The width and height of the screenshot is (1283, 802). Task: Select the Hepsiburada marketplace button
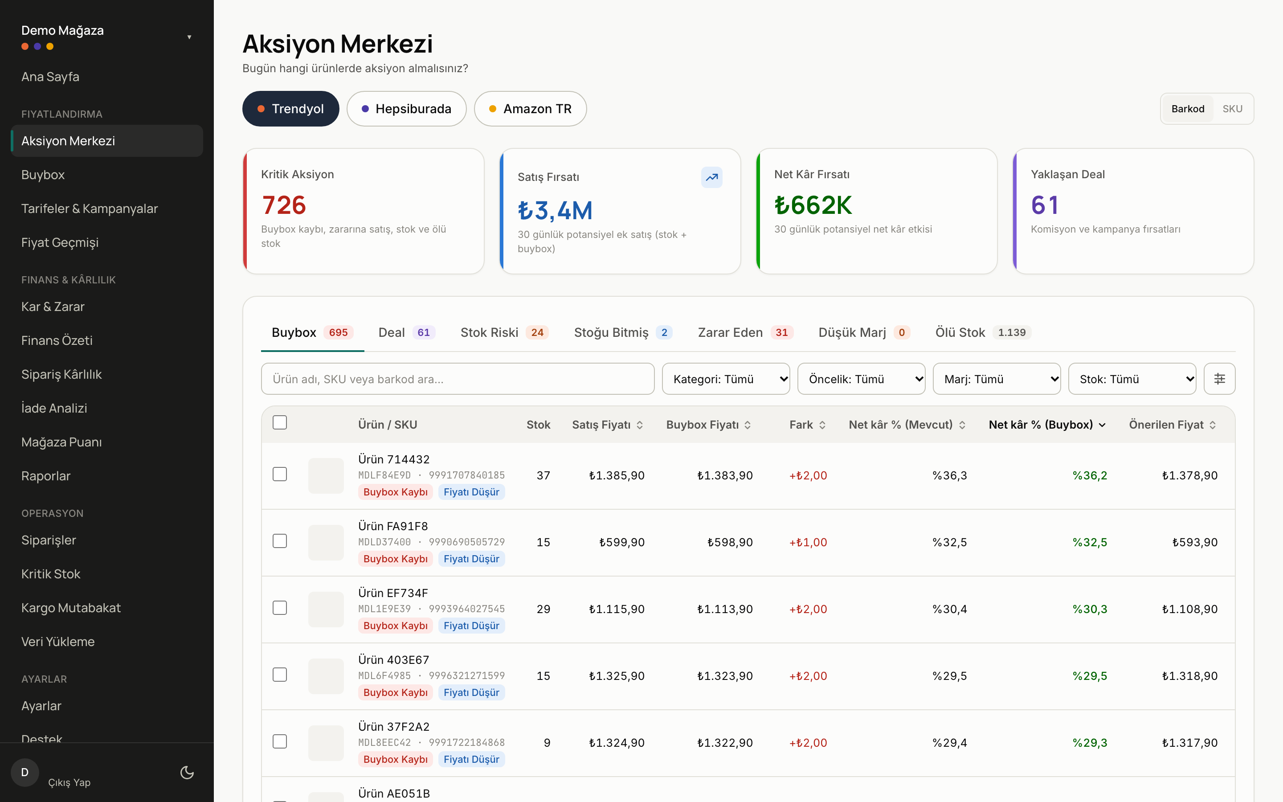pyautogui.click(x=406, y=109)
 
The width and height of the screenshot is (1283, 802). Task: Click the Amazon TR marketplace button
pyautogui.click(x=530, y=109)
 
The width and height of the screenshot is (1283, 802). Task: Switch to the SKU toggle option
pyautogui.click(x=1232, y=109)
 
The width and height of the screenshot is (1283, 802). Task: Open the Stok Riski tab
pyautogui.click(x=504, y=332)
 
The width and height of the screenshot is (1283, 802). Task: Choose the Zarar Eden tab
pyautogui.click(x=745, y=332)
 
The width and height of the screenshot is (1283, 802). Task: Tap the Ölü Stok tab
pyautogui.click(x=982, y=332)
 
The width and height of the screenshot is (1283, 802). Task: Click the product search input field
pyautogui.click(x=458, y=379)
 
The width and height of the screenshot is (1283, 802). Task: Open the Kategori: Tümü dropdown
pyautogui.click(x=726, y=379)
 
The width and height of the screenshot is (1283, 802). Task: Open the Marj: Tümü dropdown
pyautogui.click(x=997, y=379)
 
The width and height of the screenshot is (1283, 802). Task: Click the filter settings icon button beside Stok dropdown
pyautogui.click(x=1219, y=379)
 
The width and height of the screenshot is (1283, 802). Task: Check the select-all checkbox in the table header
pyautogui.click(x=279, y=423)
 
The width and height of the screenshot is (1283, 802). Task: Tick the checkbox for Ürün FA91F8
pyautogui.click(x=279, y=541)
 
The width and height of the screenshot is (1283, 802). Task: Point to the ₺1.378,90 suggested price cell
pyautogui.click(x=1190, y=475)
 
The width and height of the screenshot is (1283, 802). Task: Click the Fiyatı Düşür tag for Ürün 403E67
pyautogui.click(x=471, y=692)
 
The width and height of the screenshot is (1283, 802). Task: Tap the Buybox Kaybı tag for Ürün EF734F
pyautogui.click(x=396, y=626)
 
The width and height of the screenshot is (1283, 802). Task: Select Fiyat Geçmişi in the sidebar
pyautogui.click(x=60, y=242)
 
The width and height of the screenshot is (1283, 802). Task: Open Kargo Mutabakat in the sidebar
pyautogui.click(x=71, y=608)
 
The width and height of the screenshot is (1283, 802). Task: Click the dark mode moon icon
pyautogui.click(x=187, y=772)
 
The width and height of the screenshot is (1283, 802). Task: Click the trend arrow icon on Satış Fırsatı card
pyautogui.click(x=711, y=177)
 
